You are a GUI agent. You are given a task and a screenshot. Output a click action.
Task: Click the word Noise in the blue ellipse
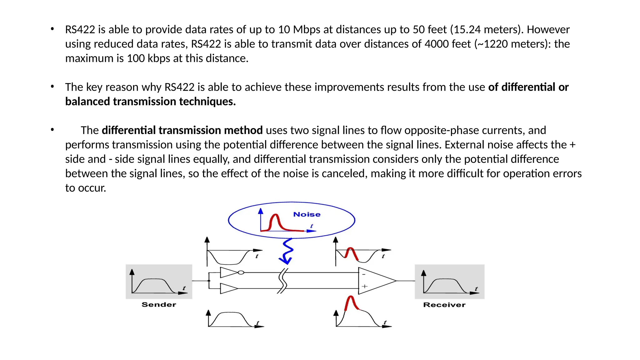(307, 214)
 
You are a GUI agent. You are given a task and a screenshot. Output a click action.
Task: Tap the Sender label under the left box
(159, 305)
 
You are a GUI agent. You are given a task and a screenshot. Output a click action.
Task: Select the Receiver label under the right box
(444, 305)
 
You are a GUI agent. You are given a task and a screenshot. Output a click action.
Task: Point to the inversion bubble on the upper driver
(241, 272)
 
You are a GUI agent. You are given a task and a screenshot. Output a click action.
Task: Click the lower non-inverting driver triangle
(228, 288)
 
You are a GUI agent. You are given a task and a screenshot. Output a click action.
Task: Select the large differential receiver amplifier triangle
(376, 281)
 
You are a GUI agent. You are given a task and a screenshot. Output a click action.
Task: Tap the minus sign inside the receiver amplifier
(364, 274)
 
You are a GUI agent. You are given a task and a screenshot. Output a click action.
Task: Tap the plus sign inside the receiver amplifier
(364, 286)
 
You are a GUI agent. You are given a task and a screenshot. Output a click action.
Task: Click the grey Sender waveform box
(159, 282)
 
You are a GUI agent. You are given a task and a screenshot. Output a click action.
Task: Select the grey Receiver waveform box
(449, 282)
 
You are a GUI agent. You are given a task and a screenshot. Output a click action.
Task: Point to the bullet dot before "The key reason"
(52, 87)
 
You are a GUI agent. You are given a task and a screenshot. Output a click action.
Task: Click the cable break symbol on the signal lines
(282, 281)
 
